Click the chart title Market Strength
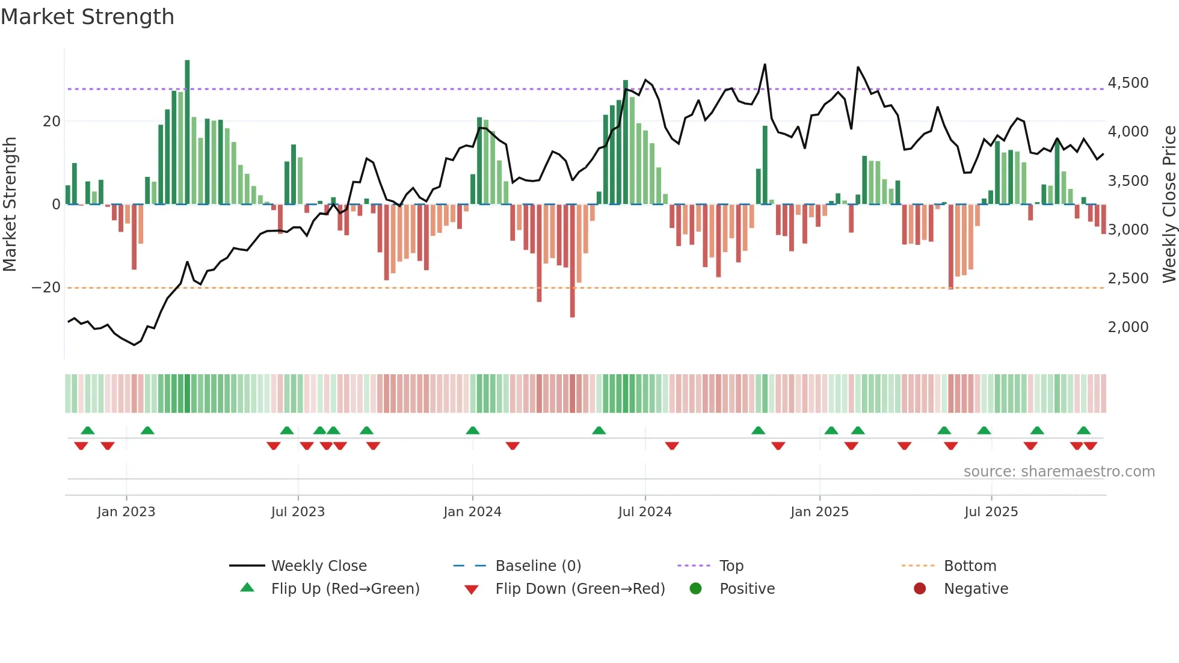87,17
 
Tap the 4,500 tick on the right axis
1128,83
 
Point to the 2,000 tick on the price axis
1128,327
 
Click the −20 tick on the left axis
46,288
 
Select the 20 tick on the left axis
52,122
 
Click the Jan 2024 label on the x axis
472,512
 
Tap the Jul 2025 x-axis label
991,512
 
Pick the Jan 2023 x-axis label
126,512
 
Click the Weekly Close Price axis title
1169,205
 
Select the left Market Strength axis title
10,205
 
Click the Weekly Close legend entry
318,566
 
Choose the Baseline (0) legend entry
538,566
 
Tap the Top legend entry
731,566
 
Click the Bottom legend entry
970,566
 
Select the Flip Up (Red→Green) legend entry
345,589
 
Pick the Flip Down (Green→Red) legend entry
579,589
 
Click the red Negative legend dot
920,589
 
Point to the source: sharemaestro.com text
1059,472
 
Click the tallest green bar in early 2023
187,132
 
